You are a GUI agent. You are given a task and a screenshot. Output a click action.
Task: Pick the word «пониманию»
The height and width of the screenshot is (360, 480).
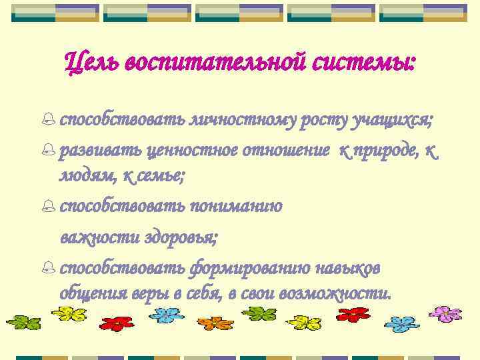pos(236,206)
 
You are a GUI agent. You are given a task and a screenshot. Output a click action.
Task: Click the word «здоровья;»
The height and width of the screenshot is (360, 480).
pos(183,237)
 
